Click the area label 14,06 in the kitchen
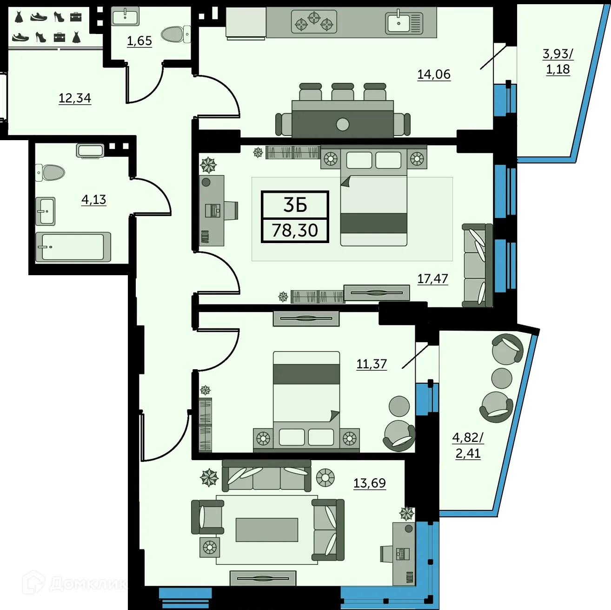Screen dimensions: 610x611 [x=433, y=75]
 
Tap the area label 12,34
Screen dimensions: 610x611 [x=74, y=98]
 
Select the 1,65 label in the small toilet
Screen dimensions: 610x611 [x=139, y=41]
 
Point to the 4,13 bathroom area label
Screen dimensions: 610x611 [x=93, y=200]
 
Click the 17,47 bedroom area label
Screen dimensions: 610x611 [x=432, y=279]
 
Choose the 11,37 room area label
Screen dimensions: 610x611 [x=371, y=364]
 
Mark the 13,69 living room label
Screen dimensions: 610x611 [x=369, y=483]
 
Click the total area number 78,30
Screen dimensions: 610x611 [x=295, y=230]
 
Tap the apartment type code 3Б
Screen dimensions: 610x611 [x=295, y=205]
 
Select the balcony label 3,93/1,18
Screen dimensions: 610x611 [x=558, y=61]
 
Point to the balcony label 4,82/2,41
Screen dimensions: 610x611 [x=468, y=445]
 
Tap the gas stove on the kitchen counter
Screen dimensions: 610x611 [x=314, y=22]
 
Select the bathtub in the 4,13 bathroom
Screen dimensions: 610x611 [x=73, y=247]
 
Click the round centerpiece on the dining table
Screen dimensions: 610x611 [x=343, y=124]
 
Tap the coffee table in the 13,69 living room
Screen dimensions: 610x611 [x=266, y=530]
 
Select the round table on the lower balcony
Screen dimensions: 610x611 [x=501, y=378]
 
